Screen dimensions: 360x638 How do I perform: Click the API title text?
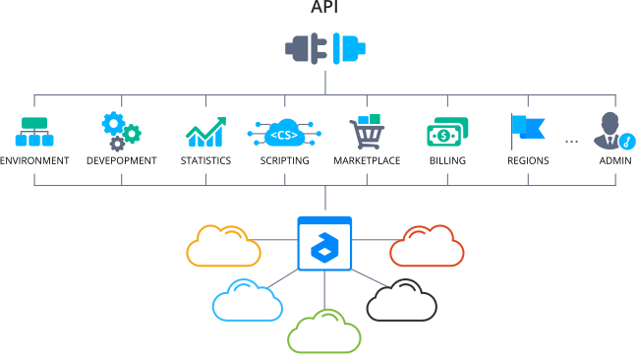pyautogui.click(x=323, y=9)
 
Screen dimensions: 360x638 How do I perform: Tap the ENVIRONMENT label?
pyautogui.click(x=34, y=159)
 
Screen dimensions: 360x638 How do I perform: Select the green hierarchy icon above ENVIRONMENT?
pyautogui.click(x=34, y=131)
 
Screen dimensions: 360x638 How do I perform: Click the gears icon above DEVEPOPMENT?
pyautogui.click(x=121, y=131)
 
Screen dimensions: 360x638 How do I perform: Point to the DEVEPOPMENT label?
pyautogui.click(x=121, y=159)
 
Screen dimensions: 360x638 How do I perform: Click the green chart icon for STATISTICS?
pyautogui.click(x=205, y=132)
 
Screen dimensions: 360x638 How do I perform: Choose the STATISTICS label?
pyautogui.click(x=205, y=159)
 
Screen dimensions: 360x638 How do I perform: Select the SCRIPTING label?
pyautogui.click(x=285, y=159)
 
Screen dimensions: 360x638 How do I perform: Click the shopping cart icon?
pyautogui.click(x=366, y=131)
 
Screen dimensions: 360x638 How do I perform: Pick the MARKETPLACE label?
pyautogui.click(x=367, y=159)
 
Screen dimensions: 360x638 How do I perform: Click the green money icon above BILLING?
pyautogui.click(x=447, y=132)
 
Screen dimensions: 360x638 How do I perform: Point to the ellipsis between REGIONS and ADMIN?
pyautogui.click(x=571, y=142)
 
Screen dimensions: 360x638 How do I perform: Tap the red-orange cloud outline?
pyautogui.click(x=426, y=246)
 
